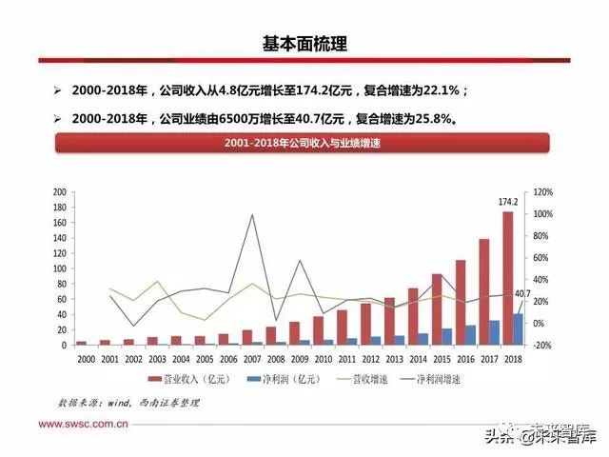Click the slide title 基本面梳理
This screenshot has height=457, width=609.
[304, 44]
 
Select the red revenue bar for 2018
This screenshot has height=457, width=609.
[508, 277]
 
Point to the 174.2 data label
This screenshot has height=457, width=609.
[508, 202]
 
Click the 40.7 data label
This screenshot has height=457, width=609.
[521, 294]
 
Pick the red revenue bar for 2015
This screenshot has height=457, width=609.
[436, 308]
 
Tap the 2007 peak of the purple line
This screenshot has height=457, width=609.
[251, 215]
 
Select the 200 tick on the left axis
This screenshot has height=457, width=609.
[58, 192]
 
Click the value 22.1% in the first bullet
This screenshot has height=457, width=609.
[442, 91]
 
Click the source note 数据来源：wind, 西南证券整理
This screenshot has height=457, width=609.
[128, 403]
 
